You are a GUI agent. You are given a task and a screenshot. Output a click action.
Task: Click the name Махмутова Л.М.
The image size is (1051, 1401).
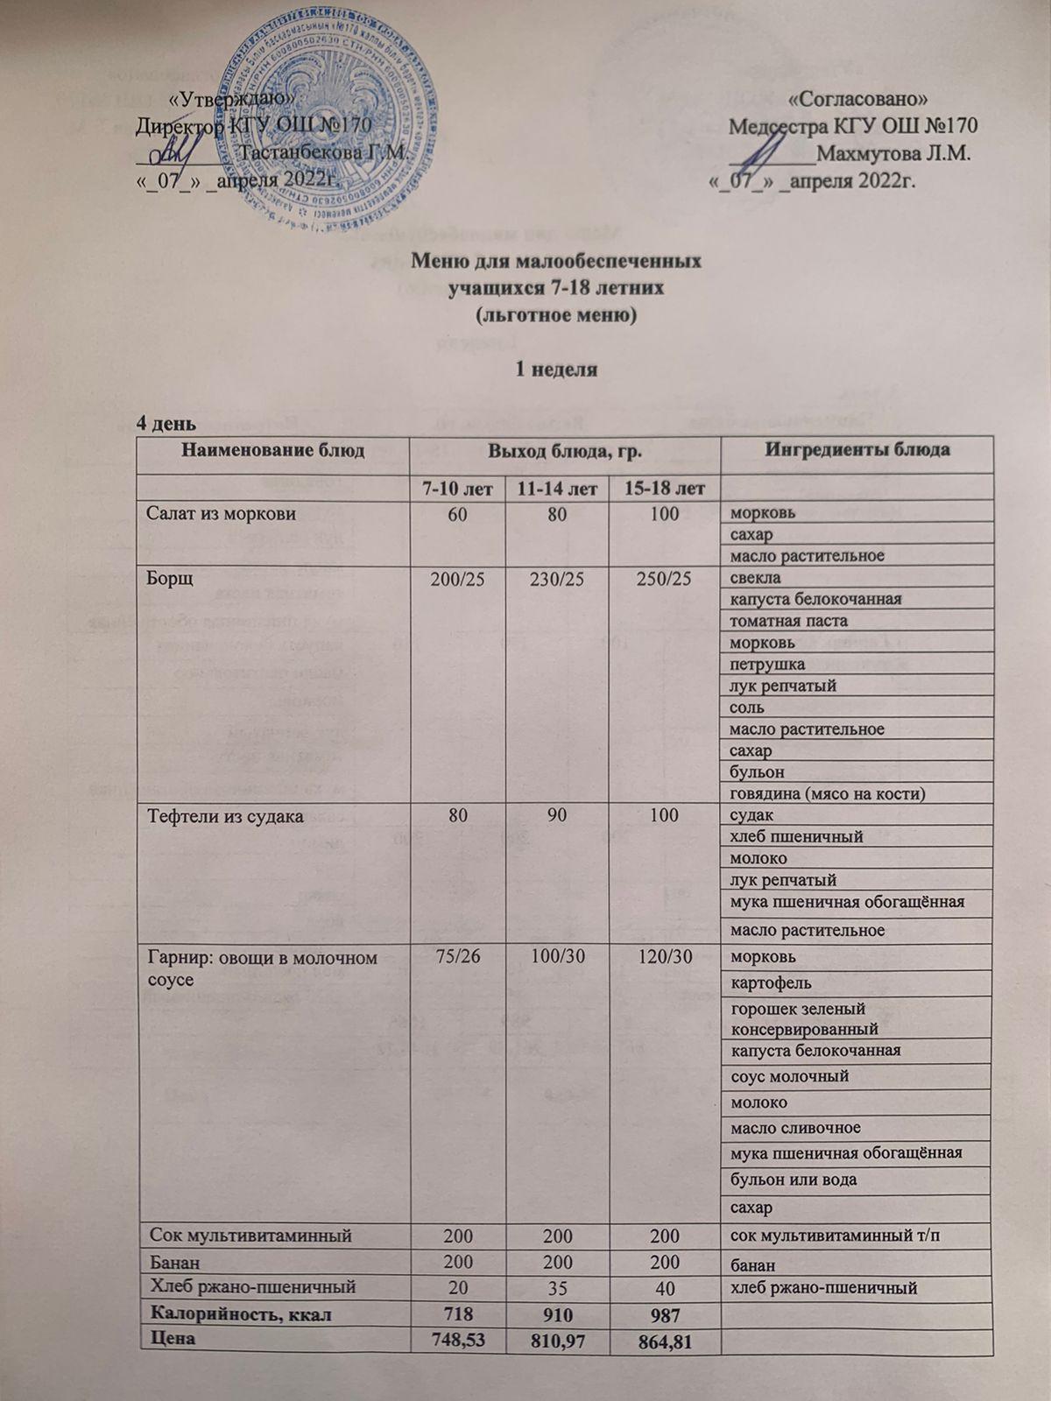coord(893,154)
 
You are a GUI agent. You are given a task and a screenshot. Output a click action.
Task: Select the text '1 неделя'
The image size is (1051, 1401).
coord(554,369)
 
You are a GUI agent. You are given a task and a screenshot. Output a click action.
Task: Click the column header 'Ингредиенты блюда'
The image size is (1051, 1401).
coord(857,451)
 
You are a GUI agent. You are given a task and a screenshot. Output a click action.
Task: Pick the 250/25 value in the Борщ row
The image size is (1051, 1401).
coord(665,578)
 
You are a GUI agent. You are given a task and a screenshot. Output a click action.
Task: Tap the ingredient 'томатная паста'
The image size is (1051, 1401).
coord(783,621)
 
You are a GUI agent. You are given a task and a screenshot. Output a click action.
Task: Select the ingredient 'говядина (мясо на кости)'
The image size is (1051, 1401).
coord(822,793)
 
